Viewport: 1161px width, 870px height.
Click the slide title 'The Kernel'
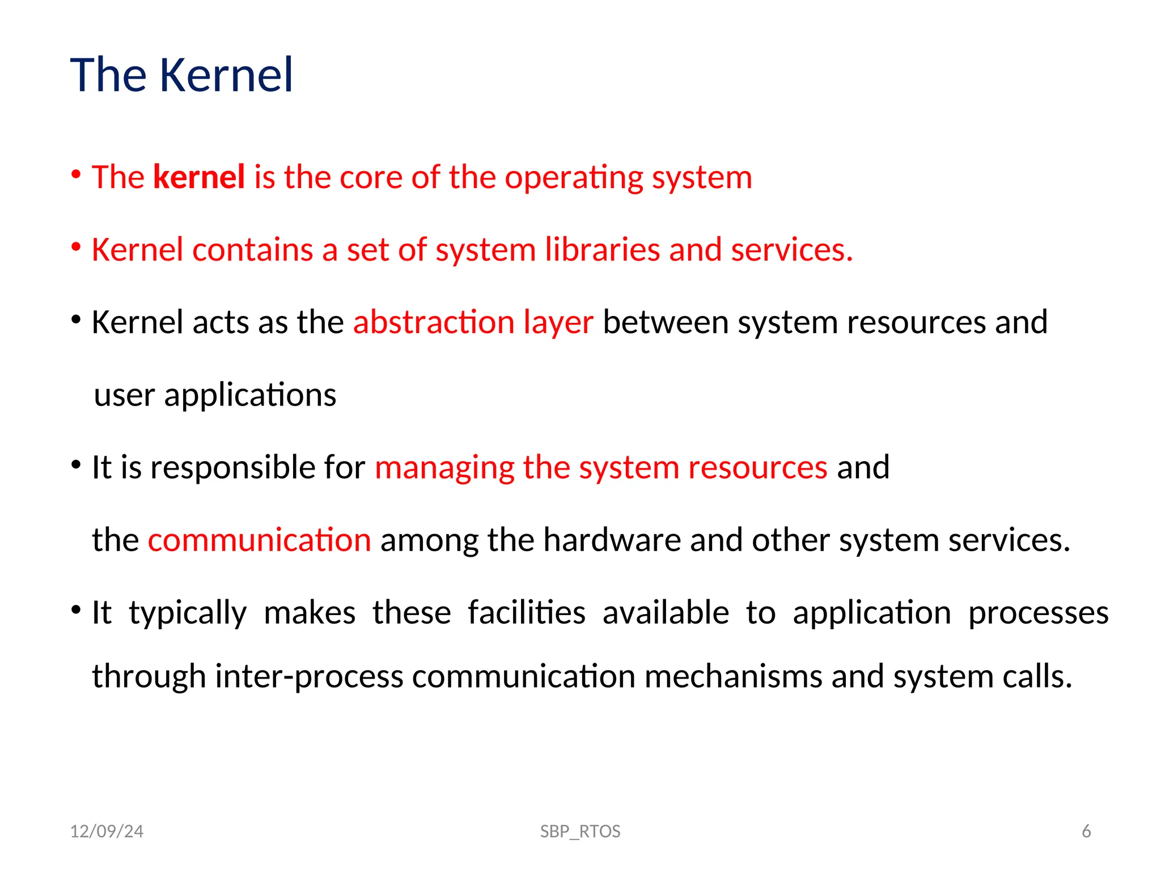(181, 75)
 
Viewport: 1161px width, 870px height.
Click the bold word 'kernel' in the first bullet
(199, 177)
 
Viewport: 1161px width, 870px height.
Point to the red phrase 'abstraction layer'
(473, 323)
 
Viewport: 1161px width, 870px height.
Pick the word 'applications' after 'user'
(250, 395)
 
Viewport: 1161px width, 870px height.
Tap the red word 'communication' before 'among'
(259, 540)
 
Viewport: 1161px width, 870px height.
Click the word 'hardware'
(612, 540)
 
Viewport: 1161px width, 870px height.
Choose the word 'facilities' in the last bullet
(527, 612)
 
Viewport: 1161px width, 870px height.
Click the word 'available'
(666, 612)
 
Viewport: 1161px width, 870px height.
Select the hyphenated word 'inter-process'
(308, 677)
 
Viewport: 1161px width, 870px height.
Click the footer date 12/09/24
(107, 831)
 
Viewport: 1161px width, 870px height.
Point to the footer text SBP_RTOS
(580, 831)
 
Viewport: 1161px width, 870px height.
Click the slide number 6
(1086, 831)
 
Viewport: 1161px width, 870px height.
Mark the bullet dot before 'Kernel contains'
(76, 248)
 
